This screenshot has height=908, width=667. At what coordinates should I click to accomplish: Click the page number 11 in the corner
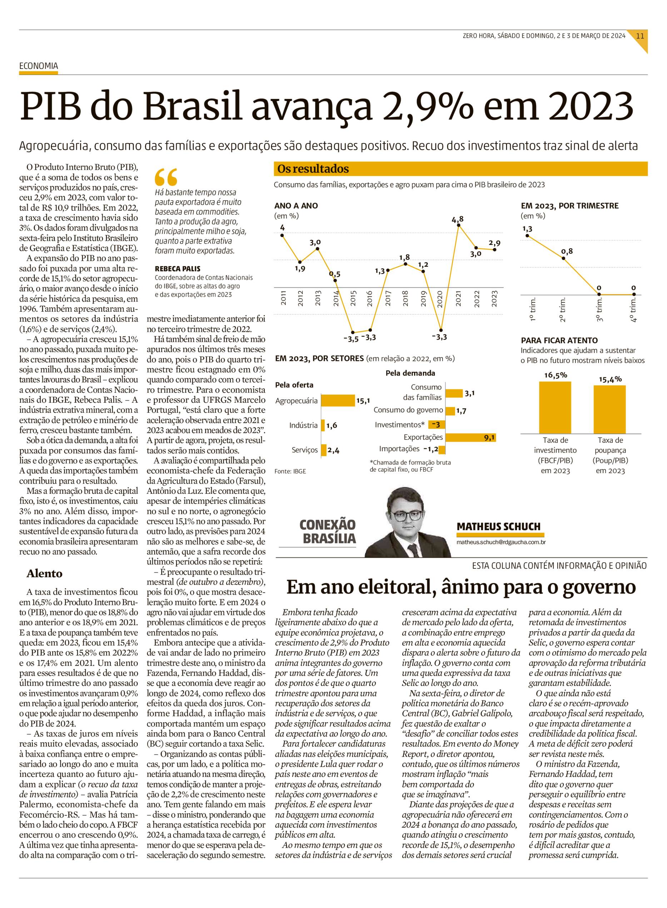640,35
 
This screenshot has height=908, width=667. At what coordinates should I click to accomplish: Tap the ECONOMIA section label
38,66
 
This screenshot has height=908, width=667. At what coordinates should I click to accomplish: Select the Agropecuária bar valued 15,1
338,401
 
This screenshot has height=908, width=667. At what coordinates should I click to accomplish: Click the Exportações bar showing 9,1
471,437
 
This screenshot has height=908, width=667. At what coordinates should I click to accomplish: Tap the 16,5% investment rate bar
555,407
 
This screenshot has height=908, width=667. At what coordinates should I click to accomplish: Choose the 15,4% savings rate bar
610,409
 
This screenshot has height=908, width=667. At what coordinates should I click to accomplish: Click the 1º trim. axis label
532,310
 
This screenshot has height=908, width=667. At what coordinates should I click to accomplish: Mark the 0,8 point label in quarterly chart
567,251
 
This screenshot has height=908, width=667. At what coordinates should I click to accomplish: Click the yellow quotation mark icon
165,177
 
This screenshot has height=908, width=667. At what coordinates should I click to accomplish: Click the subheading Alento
44,573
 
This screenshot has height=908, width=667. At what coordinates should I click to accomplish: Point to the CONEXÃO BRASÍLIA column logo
328,532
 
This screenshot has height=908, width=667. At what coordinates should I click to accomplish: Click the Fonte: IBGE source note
290,471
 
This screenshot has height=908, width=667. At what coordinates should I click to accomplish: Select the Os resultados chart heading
313,169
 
